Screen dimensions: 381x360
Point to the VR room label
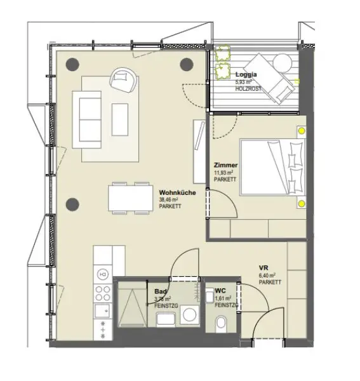(x=263, y=267)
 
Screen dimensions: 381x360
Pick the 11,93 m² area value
(x=225, y=172)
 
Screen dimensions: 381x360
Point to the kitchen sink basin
(x=102, y=312)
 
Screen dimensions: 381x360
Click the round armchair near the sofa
(x=122, y=79)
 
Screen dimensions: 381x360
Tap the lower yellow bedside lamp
(x=301, y=204)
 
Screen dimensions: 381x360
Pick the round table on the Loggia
(x=281, y=62)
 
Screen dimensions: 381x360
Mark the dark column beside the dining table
(x=72, y=204)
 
